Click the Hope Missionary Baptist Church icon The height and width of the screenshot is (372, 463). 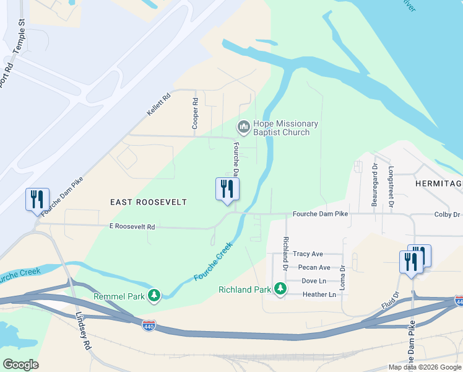[243, 128]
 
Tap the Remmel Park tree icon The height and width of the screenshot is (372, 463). [154, 296]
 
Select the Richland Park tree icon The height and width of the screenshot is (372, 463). [280, 289]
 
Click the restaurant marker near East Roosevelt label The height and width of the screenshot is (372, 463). [227, 189]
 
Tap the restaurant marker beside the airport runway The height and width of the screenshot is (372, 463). [37, 200]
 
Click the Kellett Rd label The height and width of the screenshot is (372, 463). [158, 105]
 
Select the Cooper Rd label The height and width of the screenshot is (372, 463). [195, 113]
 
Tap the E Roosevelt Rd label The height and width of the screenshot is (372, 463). [131, 227]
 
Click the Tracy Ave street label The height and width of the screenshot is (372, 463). [308, 254]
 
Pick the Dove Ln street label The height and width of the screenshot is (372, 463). [313, 281]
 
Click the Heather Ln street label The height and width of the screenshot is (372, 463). [319, 294]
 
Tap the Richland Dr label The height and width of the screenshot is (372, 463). [285, 252]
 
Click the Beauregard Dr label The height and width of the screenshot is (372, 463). [374, 179]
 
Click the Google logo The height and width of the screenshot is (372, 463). [20, 365]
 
